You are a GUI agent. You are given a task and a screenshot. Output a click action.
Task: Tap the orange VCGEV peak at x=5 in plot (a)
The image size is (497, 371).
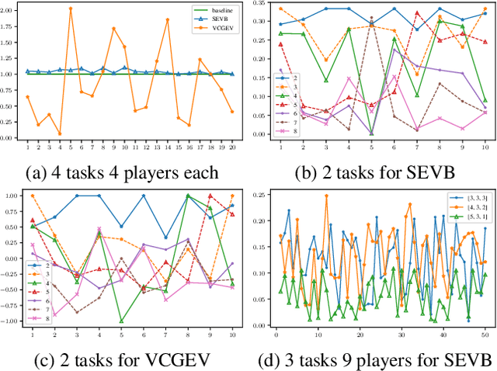(x=71, y=9)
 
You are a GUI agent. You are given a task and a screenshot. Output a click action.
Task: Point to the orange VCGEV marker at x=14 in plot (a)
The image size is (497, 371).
(x=167, y=19)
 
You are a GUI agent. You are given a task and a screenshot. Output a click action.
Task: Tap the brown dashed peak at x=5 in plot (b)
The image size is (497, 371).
(x=371, y=17)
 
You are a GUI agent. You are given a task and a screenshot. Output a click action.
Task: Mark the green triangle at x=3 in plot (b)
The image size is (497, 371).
(x=326, y=80)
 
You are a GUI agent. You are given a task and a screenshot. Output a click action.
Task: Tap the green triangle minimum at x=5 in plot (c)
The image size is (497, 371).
(x=121, y=321)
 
